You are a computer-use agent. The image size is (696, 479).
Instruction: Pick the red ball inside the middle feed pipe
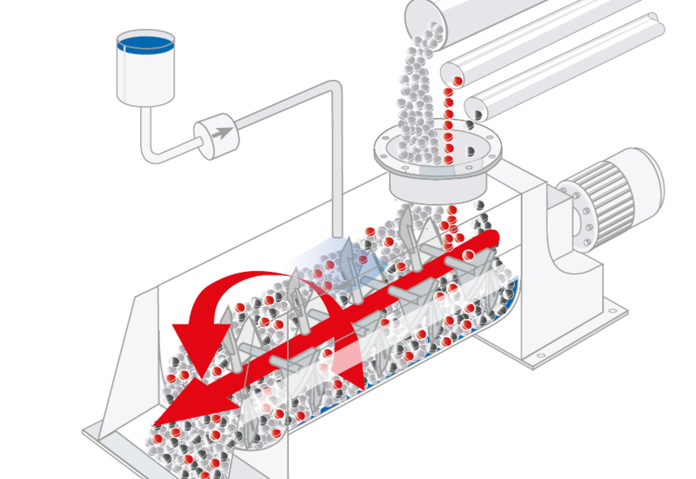457,80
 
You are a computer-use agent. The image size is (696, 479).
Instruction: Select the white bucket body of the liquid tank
146,77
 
